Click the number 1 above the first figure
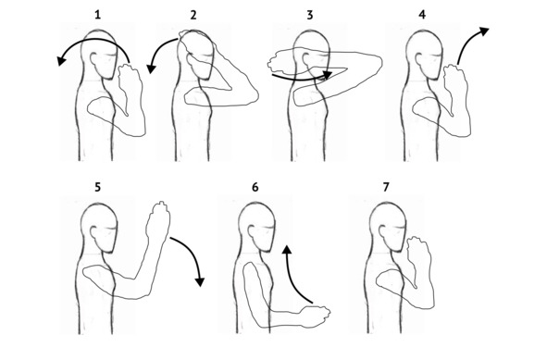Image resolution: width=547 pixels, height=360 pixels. tap(98, 15)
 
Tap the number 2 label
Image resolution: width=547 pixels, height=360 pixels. tap(193, 15)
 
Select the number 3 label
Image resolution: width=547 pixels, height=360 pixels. tap(310, 15)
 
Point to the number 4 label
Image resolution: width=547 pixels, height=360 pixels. tap(422, 15)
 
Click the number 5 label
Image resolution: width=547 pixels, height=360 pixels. tap(98, 187)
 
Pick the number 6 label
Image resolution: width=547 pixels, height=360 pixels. tap(255, 187)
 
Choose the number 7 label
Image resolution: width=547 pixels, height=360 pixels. tap(386, 187)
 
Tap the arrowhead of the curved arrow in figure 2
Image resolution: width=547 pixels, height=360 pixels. tap(151, 69)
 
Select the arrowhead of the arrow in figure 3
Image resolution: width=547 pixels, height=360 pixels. tap(328, 75)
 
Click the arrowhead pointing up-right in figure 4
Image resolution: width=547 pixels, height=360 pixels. tap(484, 31)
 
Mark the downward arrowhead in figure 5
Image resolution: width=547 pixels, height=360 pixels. tap(200, 282)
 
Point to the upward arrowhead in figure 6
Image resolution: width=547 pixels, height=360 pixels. tap(287, 250)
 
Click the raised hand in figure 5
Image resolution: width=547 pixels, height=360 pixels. tap(158, 220)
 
